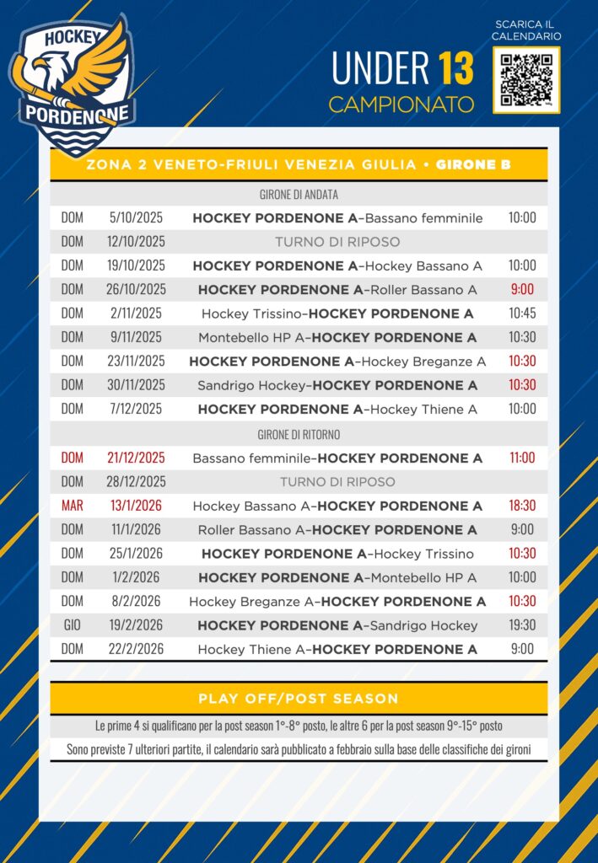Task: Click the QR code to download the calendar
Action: tap(526, 80)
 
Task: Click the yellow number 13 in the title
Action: tap(455, 69)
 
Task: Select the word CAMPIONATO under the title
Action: tap(401, 105)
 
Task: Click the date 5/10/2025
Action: tap(136, 217)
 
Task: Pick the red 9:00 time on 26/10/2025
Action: tap(522, 290)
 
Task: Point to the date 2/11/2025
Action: tap(136, 314)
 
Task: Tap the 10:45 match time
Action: tap(522, 314)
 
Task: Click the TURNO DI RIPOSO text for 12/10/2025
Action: tap(337, 242)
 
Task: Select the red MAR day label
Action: tap(73, 507)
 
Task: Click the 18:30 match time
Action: tap(522, 507)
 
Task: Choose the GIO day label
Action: tap(73, 625)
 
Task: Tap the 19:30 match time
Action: tap(522, 625)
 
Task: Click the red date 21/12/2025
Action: tap(136, 458)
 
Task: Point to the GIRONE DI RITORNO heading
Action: tap(299, 435)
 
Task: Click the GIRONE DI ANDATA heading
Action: tap(299, 195)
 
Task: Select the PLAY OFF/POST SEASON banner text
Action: tap(299, 699)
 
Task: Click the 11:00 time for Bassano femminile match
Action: tap(522, 458)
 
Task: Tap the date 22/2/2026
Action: tap(136, 649)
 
